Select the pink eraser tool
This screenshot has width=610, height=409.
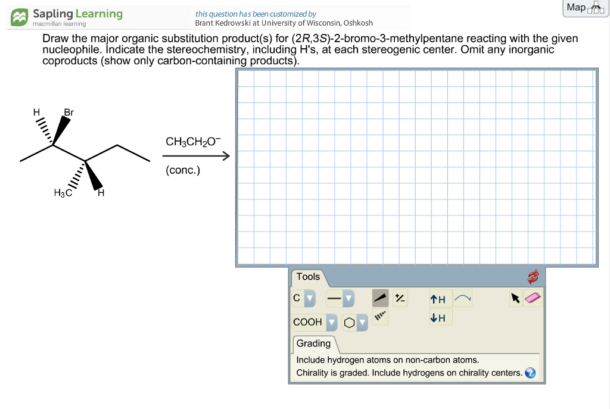534,298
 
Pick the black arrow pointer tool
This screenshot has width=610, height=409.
515,298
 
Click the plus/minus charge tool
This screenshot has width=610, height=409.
400,298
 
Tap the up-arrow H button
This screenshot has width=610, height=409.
438,299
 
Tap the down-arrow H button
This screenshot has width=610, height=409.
438,318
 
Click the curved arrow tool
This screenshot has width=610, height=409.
462,298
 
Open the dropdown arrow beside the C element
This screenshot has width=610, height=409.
309,298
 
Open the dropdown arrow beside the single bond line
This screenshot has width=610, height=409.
348,298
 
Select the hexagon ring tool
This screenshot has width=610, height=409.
348,323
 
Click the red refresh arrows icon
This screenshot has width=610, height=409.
533,277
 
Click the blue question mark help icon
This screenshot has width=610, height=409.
530,373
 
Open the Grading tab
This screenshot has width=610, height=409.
313,344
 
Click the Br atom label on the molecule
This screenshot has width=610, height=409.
69,112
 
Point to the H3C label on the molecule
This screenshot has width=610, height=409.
63,192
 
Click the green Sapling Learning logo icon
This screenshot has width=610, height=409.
20,17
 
